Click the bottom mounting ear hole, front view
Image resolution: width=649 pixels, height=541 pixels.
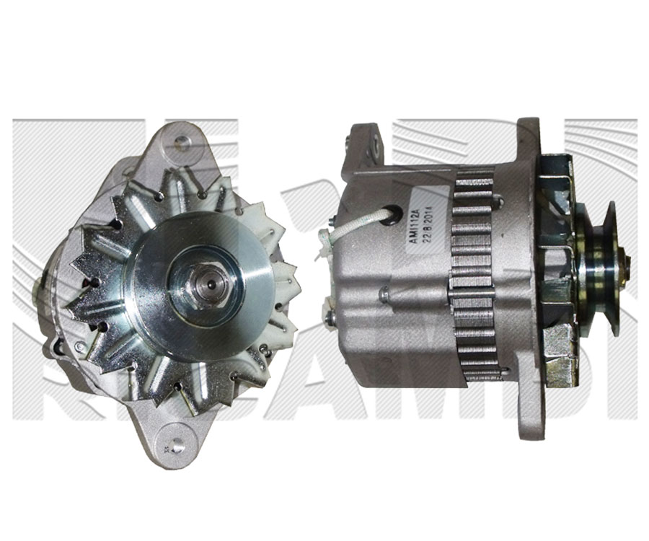[x=173, y=437]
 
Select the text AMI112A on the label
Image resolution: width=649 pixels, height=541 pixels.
[x=412, y=221]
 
